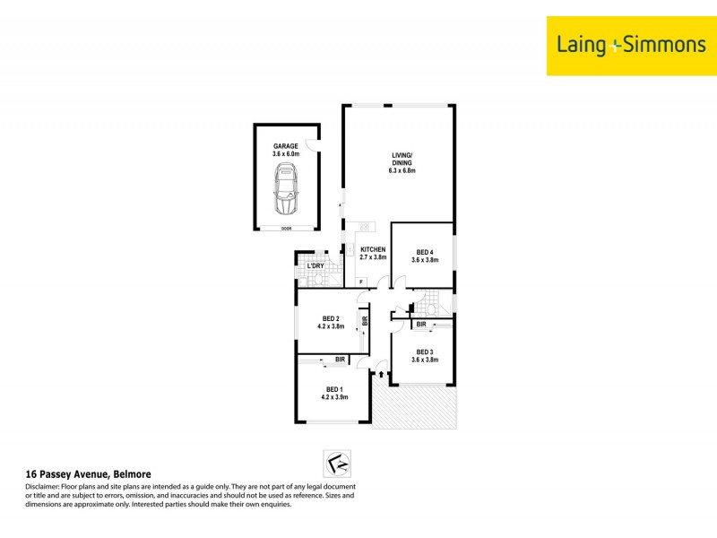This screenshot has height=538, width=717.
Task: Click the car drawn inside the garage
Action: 286,190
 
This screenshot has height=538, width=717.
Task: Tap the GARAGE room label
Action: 286,146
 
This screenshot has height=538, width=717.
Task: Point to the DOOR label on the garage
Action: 286,229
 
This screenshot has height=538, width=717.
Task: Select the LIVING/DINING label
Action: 401,162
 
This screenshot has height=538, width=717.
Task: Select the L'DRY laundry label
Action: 315,266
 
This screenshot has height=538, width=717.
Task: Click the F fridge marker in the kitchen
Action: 361,283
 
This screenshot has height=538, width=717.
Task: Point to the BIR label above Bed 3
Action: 421,324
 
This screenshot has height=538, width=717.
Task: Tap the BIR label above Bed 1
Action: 341,360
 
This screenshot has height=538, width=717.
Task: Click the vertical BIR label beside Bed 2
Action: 365,320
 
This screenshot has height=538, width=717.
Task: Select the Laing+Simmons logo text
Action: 631,45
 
